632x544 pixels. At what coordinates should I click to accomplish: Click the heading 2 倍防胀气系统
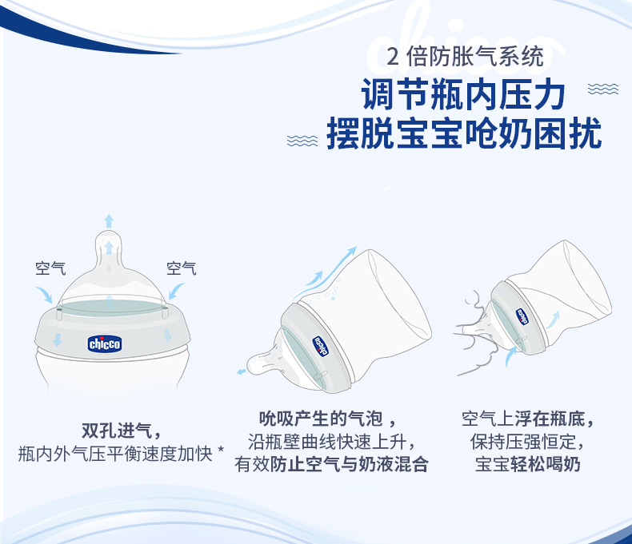coord(465,57)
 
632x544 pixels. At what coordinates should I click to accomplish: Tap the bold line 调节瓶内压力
coord(463,94)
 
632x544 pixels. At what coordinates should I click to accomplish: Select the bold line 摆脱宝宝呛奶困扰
coord(464,133)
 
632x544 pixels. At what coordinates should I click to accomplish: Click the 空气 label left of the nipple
coord(50,268)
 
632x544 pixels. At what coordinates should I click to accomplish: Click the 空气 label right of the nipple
coord(182,268)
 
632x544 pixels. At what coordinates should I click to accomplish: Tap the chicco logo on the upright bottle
coord(104,344)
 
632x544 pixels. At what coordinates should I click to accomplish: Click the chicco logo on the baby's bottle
coord(522,316)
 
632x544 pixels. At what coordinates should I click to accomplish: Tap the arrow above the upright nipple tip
coord(109,221)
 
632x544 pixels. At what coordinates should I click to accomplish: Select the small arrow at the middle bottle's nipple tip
coord(241,371)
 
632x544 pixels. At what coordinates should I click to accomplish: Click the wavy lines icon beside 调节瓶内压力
coord(603,89)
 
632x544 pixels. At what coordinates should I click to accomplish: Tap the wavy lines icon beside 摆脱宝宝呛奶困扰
coord(302,141)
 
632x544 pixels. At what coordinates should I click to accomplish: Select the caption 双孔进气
coord(122,431)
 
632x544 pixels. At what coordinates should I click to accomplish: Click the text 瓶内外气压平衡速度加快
coord(115,454)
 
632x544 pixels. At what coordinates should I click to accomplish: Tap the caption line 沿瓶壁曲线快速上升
coord(331,442)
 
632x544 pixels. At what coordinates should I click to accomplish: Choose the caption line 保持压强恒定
coord(527,442)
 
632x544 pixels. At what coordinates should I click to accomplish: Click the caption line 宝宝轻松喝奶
coord(528,464)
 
